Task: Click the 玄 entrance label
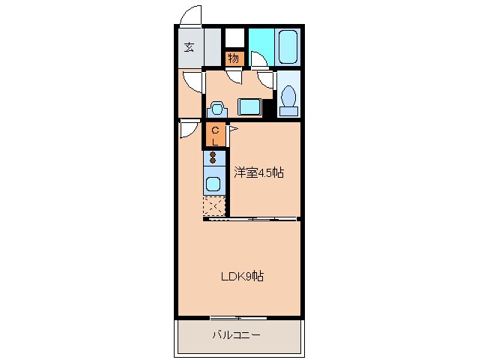[189, 47]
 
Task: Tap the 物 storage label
[234, 58]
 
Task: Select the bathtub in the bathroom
[288, 47]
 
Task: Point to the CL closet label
[215, 135]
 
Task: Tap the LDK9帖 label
[241, 276]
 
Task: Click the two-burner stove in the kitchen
[214, 158]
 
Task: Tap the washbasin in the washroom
[217, 107]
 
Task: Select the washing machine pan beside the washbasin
[249, 106]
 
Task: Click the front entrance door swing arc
[193, 15]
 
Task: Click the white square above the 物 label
[235, 37]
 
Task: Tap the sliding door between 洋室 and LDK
[255, 219]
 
